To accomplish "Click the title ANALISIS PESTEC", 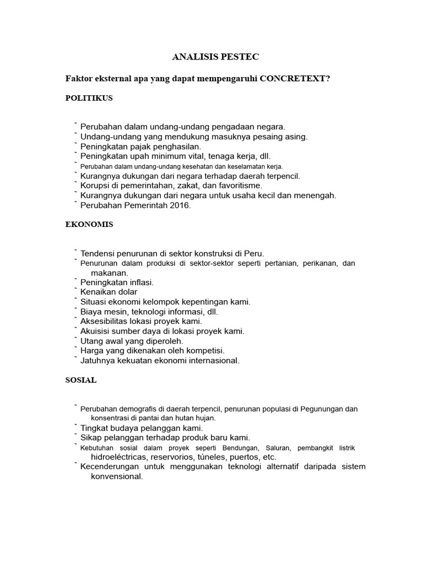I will tap(211, 57).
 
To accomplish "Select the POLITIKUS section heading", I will tap(89, 98).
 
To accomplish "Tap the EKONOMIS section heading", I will tap(89, 225).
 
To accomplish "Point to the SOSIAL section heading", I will tap(81, 380).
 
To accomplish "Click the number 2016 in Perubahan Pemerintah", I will tap(179, 205).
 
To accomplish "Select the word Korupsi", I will tap(96, 186).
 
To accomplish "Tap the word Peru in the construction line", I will tap(254, 253).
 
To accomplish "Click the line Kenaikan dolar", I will tap(109, 292).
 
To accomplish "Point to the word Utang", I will tap(92, 341).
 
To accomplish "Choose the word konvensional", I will tap(117, 477).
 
